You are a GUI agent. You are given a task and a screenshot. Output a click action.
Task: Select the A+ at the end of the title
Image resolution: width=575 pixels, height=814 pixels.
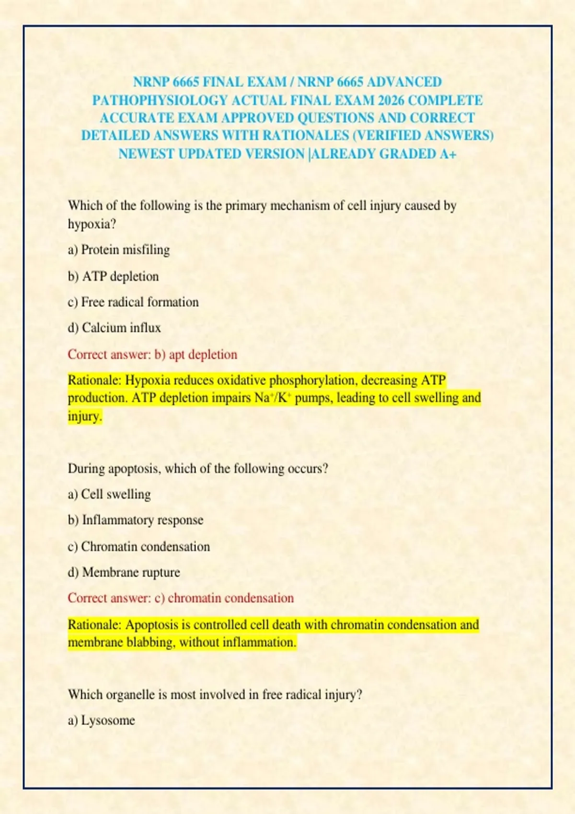(x=447, y=154)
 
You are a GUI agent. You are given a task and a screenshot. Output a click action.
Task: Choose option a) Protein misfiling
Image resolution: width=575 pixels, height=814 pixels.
(x=119, y=250)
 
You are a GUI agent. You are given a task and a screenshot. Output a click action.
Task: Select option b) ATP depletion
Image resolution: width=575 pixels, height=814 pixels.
(x=114, y=276)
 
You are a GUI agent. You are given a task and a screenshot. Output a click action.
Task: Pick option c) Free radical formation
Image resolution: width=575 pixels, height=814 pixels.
(x=133, y=302)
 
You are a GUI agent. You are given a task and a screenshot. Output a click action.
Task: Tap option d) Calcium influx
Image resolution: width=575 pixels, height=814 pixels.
(x=115, y=328)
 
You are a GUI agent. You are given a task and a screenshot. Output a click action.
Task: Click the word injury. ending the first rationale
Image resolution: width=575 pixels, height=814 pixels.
(x=85, y=416)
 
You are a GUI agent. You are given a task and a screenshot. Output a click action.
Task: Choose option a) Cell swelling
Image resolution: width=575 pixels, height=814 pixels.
(x=109, y=494)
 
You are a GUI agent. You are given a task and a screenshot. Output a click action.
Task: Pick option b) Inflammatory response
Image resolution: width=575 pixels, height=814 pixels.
(x=136, y=520)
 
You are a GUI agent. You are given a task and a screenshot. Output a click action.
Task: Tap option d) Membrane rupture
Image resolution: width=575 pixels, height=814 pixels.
(x=124, y=572)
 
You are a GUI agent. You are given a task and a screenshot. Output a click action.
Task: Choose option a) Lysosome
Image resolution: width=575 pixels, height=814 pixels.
(x=102, y=721)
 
